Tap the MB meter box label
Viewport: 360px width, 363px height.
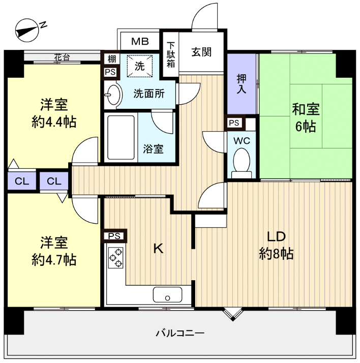click(140, 42)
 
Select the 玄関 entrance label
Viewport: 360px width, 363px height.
click(201, 52)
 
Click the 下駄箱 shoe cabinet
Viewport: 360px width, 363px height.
click(171, 54)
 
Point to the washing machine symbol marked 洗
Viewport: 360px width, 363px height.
click(140, 66)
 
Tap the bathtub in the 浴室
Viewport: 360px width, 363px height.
click(121, 137)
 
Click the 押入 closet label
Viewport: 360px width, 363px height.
click(242, 84)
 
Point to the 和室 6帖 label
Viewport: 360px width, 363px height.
click(306, 118)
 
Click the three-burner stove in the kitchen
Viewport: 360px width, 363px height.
click(116, 257)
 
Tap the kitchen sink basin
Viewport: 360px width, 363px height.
click(167, 295)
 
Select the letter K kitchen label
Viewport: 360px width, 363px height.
click(159, 249)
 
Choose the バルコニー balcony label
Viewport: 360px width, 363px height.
click(180, 333)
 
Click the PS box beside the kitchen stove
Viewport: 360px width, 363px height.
click(114, 236)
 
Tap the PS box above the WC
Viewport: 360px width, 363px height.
click(234, 123)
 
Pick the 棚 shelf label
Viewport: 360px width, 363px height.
click(112, 59)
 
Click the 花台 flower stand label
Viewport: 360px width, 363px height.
click(62, 57)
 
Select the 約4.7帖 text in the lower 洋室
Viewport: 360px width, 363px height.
click(54, 260)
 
